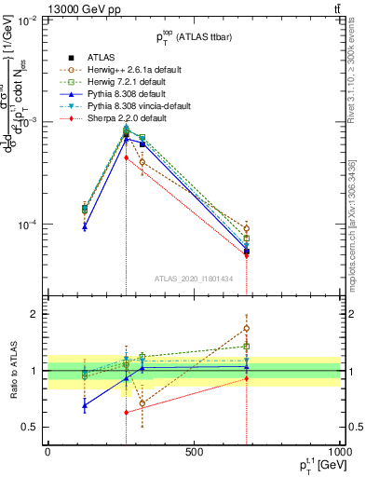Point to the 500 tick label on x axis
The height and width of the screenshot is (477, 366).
(x=194, y=452)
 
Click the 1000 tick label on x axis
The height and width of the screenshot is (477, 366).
(x=338, y=452)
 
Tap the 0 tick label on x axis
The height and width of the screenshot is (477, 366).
(x=47, y=452)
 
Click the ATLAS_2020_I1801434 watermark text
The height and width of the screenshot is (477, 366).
(x=193, y=279)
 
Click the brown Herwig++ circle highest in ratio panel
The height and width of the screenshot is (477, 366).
(x=247, y=328)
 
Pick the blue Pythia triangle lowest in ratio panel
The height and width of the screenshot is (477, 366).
(x=85, y=405)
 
